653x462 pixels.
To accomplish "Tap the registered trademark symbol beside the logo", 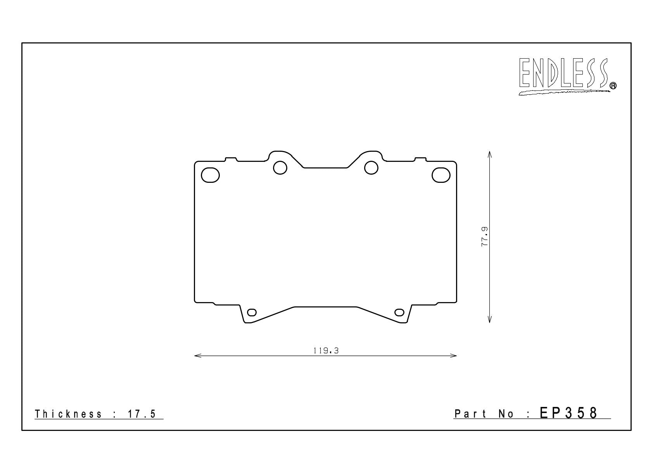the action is pos(613,85).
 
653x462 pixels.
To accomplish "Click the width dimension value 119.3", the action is pos(326,351).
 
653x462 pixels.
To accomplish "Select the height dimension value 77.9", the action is pos(484,237).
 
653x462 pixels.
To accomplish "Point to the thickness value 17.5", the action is pos(142,414).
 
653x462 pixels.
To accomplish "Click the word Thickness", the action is pos(68,414).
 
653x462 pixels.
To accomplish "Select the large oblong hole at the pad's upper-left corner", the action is pos(210,175).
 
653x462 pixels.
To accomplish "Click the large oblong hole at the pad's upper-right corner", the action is pos(441,175).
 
